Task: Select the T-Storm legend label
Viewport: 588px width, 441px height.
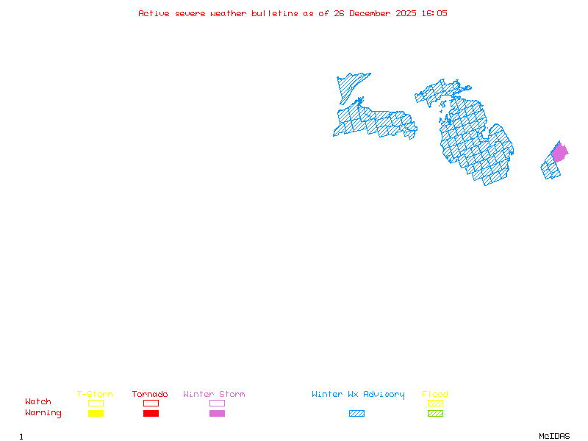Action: (95, 395)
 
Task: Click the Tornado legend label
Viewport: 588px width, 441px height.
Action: (150, 395)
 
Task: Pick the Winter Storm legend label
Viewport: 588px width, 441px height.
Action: (214, 395)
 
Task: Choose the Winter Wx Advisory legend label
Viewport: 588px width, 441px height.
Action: (358, 395)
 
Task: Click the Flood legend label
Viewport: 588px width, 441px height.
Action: (435, 395)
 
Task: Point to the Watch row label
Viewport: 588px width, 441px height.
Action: (38, 402)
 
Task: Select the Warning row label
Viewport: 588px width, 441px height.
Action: (43, 413)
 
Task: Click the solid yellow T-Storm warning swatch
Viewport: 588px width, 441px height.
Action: (96, 414)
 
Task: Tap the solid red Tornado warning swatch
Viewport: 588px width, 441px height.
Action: (151, 414)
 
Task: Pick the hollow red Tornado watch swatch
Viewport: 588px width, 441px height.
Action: (151, 403)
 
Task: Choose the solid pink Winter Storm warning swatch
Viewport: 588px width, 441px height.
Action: (217, 414)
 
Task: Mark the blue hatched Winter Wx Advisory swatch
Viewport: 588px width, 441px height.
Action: (356, 414)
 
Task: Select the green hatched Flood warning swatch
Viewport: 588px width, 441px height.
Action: (435, 414)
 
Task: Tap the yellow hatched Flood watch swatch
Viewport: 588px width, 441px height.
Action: (435, 403)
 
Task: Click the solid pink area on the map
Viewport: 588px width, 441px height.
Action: (559, 153)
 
